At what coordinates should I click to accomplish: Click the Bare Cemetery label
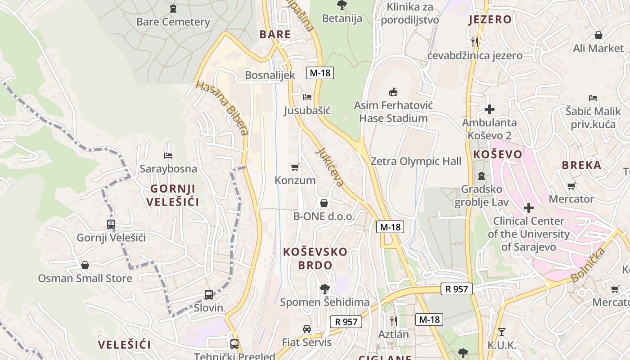point(173,22)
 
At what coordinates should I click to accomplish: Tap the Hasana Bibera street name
point(223,108)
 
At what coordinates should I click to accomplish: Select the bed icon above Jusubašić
point(307,97)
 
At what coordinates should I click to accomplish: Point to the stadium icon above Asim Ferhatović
point(393,92)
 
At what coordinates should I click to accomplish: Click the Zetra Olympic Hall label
point(416,161)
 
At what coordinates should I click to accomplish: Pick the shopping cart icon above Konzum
point(295,167)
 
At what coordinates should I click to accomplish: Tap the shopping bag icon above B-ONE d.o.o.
point(324,203)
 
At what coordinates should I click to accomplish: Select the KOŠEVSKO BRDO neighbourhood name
point(315,258)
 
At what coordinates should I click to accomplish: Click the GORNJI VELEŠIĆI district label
point(173,195)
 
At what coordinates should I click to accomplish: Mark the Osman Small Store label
point(85,278)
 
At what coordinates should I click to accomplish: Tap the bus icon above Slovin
point(209,295)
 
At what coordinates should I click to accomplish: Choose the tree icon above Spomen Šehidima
point(324,288)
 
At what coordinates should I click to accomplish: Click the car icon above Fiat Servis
point(307,329)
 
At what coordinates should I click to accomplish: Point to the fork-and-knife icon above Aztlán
point(394,321)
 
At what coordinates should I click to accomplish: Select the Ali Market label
point(598,48)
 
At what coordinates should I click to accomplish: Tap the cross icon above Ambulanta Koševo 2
point(490,109)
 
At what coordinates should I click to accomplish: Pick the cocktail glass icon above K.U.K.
point(502,332)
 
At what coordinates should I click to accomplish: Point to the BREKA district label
point(581,165)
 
